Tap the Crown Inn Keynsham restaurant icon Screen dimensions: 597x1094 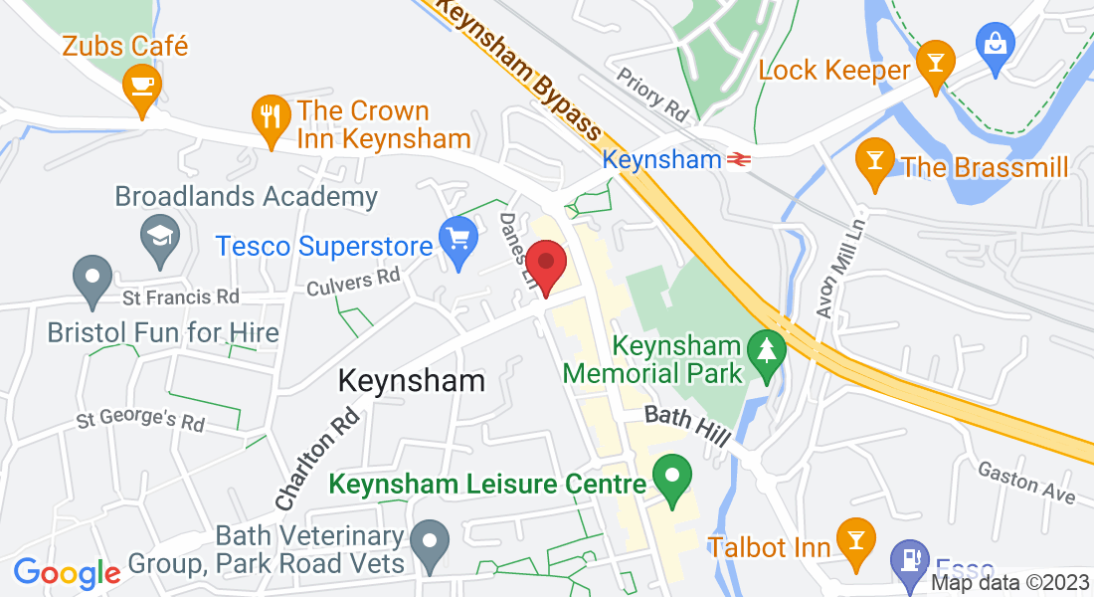click(271, 116)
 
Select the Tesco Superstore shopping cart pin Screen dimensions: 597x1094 click(458, 243)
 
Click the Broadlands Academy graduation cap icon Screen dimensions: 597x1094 click(157, 237)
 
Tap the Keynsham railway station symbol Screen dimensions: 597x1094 click(738, 159)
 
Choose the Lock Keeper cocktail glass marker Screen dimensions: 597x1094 click(934, 64)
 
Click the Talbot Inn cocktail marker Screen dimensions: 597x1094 click(852, 539)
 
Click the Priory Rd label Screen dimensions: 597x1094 click(652, 95)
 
